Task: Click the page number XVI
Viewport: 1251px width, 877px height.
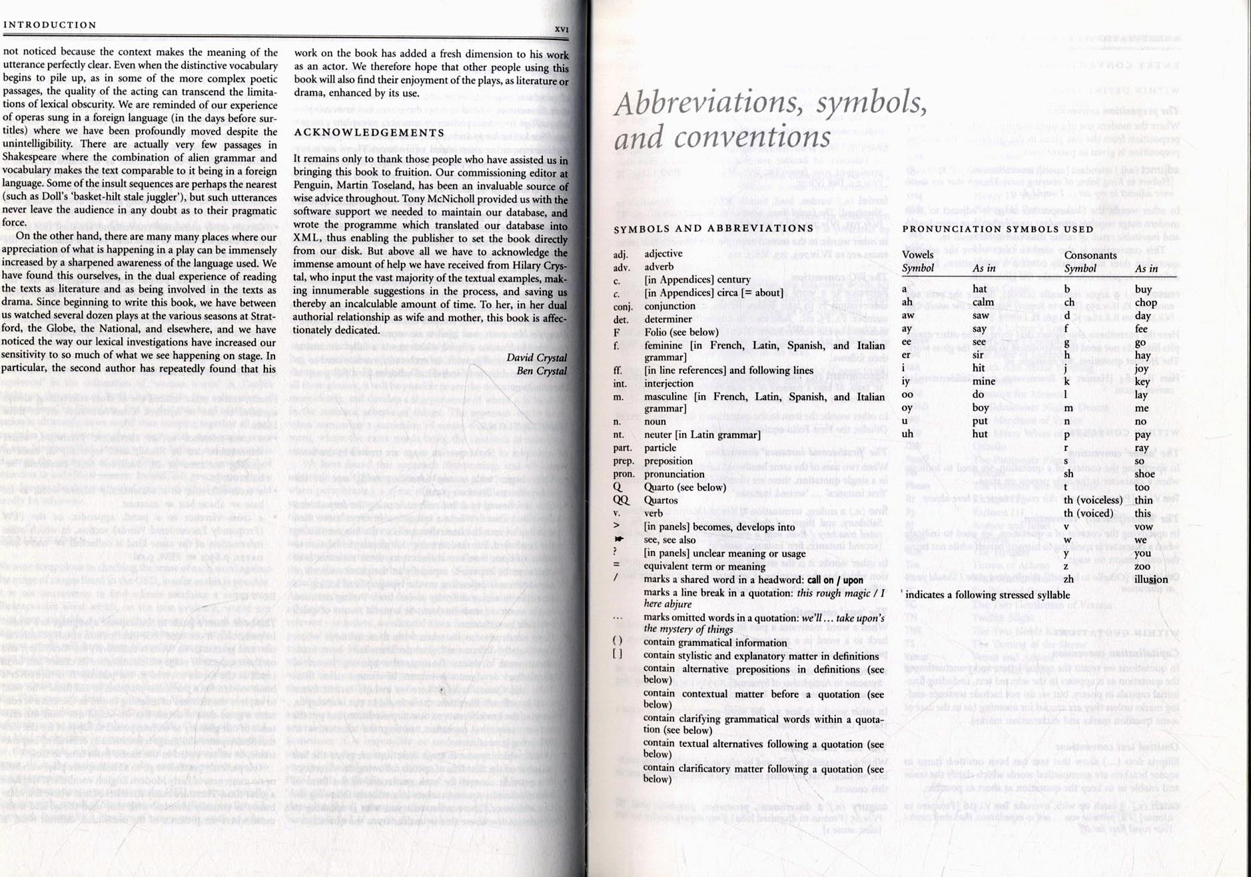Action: pyautogui.click(x=561, y=29)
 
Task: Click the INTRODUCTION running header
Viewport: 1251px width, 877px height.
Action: pyautogui.click(x=50, y=25)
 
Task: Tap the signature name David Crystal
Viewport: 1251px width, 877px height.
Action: pyautogui.click(x=536, y=358)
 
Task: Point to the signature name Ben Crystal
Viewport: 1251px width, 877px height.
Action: pyautogui.click(x=542, y=371)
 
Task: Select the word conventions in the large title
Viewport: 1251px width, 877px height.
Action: pyautogui.click(x=752, y=138)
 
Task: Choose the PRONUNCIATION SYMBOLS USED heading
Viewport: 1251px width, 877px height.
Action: pyautogui.click(x=997, y=229)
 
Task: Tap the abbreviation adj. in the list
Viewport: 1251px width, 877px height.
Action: pyautogui.click(x=620, y=254)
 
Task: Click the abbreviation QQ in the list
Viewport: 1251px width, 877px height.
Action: pyautogui.click(x=620, y=500)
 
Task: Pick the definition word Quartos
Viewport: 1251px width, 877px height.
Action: pyautogui.click(x=661, y=500)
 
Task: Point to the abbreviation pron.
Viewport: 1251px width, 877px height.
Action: pyautogui.click(x=624, y=474)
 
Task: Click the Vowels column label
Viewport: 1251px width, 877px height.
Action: pyautogui.click(x=917, y=255)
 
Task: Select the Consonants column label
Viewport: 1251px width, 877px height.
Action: pyautogui.click(x=1090, y=255)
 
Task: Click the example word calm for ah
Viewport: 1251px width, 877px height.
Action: pyautogui.click(x=983, y=302)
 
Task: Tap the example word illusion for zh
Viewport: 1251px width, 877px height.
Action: pyautogui.click(x=1151, y=579)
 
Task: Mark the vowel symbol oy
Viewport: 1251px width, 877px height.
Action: pyautogui.click(x=907, y=408)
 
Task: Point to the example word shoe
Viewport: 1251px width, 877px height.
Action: pyautogui.click(x=1144, y=474)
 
